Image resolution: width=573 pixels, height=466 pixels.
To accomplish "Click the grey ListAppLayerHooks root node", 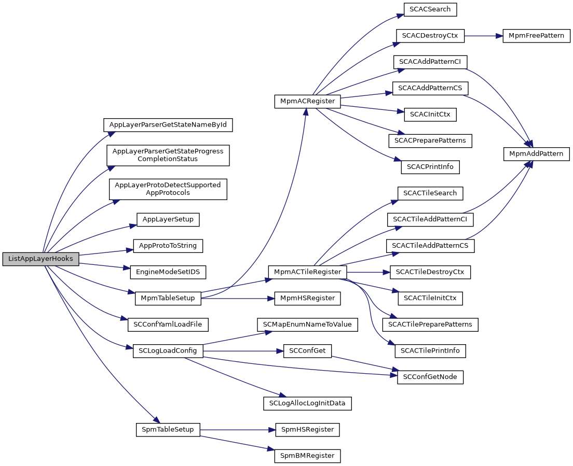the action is point(40,259).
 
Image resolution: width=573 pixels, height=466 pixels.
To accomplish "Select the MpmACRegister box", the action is point(307,101).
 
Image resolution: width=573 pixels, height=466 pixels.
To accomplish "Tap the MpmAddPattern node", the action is point(537,153).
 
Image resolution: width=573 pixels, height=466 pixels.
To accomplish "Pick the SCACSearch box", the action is point(430,9).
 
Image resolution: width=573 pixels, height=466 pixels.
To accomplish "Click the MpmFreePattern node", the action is point(536,36).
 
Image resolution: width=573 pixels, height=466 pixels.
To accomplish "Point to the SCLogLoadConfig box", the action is point(168,351).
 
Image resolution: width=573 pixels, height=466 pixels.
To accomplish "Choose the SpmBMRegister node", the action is point(307,456).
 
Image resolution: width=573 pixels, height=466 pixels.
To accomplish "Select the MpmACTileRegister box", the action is point(307,272).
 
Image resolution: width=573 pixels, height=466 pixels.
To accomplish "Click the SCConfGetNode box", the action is point(430,377).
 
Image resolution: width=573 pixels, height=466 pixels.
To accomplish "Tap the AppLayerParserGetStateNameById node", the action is point(168,125).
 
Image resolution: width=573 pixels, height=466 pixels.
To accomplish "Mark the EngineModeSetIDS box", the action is point(168,272).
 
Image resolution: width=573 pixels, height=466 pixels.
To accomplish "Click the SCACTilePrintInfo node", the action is point(430,351).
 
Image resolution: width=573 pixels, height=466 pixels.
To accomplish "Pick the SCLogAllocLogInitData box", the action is point(307,403).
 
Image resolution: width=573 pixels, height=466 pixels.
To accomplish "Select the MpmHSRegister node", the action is point(307,298).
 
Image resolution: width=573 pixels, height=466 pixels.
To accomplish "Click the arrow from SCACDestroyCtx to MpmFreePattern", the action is point(484,36).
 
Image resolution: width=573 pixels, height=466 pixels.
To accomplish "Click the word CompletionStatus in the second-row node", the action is point(168,159).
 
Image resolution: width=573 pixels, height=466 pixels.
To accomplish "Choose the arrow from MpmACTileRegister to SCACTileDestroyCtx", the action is point(369,272).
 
